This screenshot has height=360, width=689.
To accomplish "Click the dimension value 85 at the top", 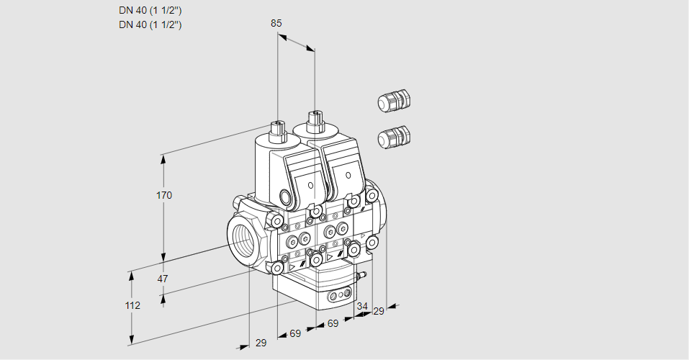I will click(x=276, y=23).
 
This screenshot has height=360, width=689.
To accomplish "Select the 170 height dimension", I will click(x=165, y=195).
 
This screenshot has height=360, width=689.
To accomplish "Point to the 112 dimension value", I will click(x=132, y=305).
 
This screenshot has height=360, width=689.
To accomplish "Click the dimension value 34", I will click(x=362, y=306).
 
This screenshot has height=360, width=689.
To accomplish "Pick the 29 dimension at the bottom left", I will click(x=261, y=343).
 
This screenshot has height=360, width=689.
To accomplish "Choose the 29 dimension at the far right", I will click(x=379, y=310).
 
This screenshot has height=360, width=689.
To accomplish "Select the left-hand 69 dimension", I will click(x=295, y=333).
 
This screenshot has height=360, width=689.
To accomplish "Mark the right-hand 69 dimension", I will click(x=333, y=323).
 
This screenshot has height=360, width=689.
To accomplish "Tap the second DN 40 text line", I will click(x=150, y=25).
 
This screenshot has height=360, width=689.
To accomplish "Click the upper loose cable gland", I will click(x=393, y=101).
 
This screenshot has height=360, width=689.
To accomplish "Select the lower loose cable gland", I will click(x=393, y=135).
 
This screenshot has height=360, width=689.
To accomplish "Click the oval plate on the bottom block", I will click(x=339, y=295).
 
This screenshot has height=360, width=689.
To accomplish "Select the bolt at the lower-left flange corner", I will click(x=277, y=268).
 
